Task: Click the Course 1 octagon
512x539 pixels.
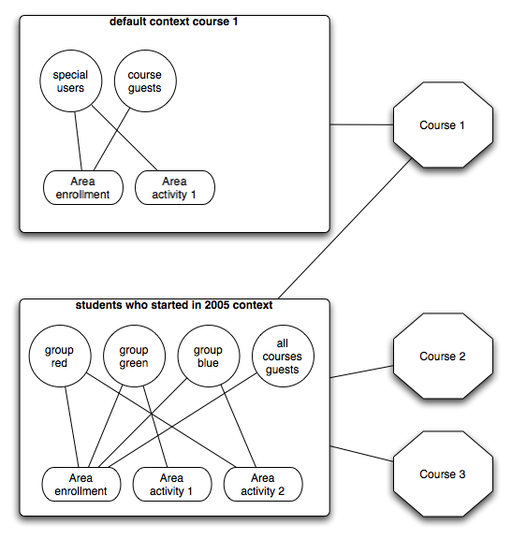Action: tap(443, 124)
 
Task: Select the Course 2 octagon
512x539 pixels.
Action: tap(443, 356)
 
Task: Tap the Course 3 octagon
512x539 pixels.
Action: tap(443, 473)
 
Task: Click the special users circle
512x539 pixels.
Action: tap(71, 80)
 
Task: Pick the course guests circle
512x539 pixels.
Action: tap(145, 80)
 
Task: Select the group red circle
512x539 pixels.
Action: tap(60, 356)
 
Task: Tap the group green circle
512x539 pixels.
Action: tap(134, 356)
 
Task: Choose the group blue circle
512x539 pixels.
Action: tap(209, 356)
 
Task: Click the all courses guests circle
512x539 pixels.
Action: tap(283, 356)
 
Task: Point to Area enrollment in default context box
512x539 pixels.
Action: tap(83, 188)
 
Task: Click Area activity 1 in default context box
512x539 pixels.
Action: tap(175, 188)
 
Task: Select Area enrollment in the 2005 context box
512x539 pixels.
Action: tap(81, 485)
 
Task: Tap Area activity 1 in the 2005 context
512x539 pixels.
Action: tap(172, 485)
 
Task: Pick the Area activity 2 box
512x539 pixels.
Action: tap(263, 485)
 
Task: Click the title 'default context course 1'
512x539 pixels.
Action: tap(174, 22)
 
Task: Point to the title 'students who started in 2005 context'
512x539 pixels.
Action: tap(174, 305)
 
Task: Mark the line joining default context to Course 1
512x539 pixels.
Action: tap(361, 124)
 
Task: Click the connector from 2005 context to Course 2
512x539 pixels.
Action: tap(361, 371)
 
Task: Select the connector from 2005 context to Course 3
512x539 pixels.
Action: tap(361, 454)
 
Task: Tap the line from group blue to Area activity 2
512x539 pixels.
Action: tap(239, 426)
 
